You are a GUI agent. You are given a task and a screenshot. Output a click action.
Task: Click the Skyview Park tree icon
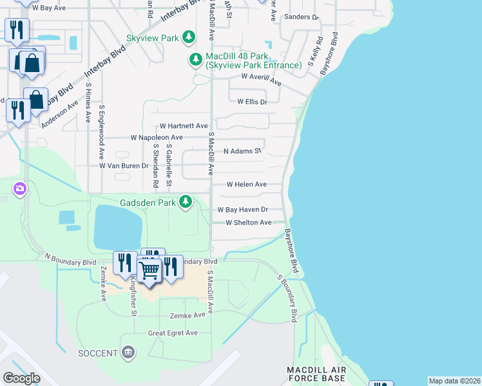pyautogui.click(x=189, y=38)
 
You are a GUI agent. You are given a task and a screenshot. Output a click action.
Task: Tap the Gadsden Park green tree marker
pyautogui.click(x=186, y=203)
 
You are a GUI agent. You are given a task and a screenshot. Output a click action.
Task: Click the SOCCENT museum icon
pyautogui.click(x=128, y=353)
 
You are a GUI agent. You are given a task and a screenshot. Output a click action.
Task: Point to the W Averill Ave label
pyautogui.click(x=262, y=79)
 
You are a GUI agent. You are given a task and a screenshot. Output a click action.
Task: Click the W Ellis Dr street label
pyautogui.click(x=252, y=101)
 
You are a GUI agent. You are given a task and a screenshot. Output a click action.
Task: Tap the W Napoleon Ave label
pyautogui.click(x=157, y=138)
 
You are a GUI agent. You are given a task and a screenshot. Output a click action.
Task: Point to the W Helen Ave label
pyautogui.click(x=247, y=184)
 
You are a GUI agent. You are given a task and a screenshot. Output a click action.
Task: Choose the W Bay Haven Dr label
pyautogui.click(x=242, y=210)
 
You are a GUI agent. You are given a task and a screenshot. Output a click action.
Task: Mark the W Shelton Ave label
pyautogui.click(x=249, y=223)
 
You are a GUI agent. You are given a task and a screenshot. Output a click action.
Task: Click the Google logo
pyautogui.click(x=21, y=378)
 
